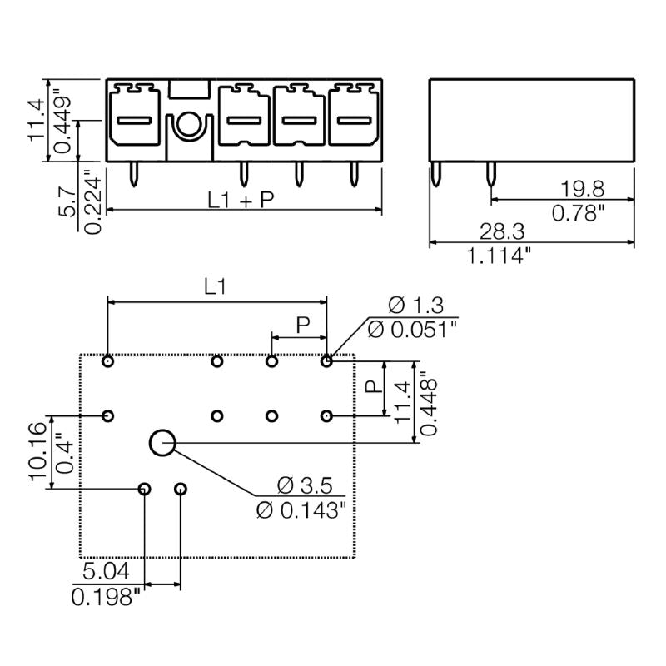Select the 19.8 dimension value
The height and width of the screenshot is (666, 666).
tap(578, 188)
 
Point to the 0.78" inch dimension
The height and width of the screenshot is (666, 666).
tap(578, 213)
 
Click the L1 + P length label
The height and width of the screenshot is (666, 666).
tap(241, 199)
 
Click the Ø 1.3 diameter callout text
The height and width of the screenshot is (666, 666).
tap(414, 305)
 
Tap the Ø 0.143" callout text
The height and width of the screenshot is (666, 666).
tap(300, 509)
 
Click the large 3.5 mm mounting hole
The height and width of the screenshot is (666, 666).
tap(162, 444)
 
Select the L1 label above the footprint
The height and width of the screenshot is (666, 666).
tap(216, 287)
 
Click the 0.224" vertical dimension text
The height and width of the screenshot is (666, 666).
tap(92, 201)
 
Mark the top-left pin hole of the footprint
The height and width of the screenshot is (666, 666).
tap(107, 361)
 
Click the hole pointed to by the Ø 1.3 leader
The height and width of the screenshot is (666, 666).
tap(327, 361)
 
